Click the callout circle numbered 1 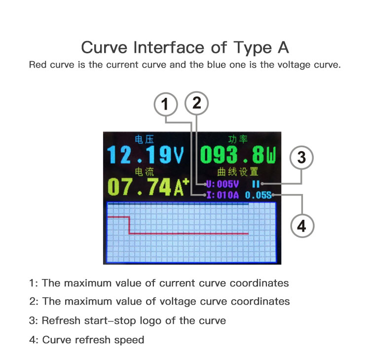tap(166, 104)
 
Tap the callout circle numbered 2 tap(197, 103)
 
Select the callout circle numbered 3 tap(301, 158)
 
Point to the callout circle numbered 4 tap(301, 226)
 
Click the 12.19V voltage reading tap(146, 155)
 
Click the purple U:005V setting tap(222, 184)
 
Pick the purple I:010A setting tap(222, 195)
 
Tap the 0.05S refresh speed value tap(259, 195)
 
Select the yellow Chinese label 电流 tap(144, 171)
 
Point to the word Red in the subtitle tap(37, 65)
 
